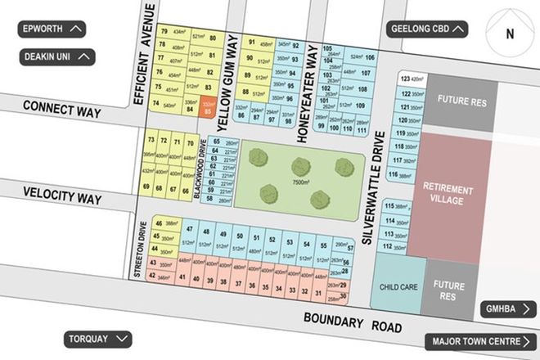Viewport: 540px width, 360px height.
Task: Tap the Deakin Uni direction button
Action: [x=57, y=57]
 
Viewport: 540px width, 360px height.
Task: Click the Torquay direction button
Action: [x=97, y=339]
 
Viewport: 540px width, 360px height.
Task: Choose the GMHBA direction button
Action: [x=508, y=309]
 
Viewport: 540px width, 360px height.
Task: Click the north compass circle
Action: [x=510, y=34]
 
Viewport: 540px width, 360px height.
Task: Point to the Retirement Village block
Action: [x=448, y=193]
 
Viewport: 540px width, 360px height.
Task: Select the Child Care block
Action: [x=399, y=288]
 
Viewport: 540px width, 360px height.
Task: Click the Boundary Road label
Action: [x=353, y=322]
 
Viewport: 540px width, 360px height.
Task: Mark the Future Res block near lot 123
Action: [x=461, y=102]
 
